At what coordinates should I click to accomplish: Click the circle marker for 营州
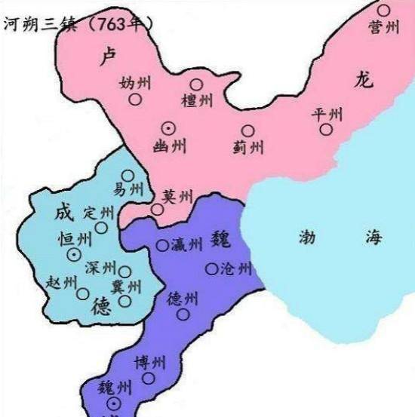pos(384,10)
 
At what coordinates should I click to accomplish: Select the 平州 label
pos(327,114)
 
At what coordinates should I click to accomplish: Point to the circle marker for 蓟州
pos(247,131)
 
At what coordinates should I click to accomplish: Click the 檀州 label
pos(198,100)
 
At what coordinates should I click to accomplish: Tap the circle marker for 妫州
pos(135,99)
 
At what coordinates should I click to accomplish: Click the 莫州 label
pos(178,195)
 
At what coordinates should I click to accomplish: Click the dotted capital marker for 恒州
pos(74,255)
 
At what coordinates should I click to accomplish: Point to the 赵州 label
pos(62,282)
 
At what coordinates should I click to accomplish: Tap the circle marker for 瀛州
pos(162,245)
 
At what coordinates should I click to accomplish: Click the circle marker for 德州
pos(183,314)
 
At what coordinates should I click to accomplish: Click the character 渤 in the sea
pos(310,236)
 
